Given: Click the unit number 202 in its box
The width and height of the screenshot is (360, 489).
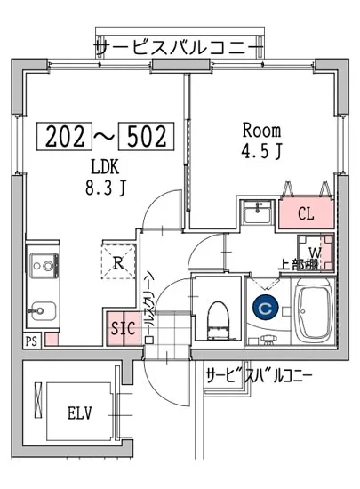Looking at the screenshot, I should point(63,136).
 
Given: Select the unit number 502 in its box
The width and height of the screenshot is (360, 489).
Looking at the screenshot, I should point(147,136).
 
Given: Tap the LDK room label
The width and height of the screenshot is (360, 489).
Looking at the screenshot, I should point(104,167).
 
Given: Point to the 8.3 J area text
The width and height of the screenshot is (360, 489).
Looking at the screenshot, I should point(104,188).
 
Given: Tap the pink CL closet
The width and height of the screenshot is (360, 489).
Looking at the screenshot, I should point(305,214).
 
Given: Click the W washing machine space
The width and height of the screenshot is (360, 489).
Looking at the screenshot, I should point(316,252).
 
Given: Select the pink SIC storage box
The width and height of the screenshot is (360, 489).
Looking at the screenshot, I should point(123,326).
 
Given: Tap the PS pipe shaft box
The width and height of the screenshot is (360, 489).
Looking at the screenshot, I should point(31,340).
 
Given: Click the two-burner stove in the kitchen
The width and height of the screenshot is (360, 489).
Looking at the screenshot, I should point(42,264).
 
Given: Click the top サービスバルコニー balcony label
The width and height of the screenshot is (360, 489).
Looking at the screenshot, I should point(178,45).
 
